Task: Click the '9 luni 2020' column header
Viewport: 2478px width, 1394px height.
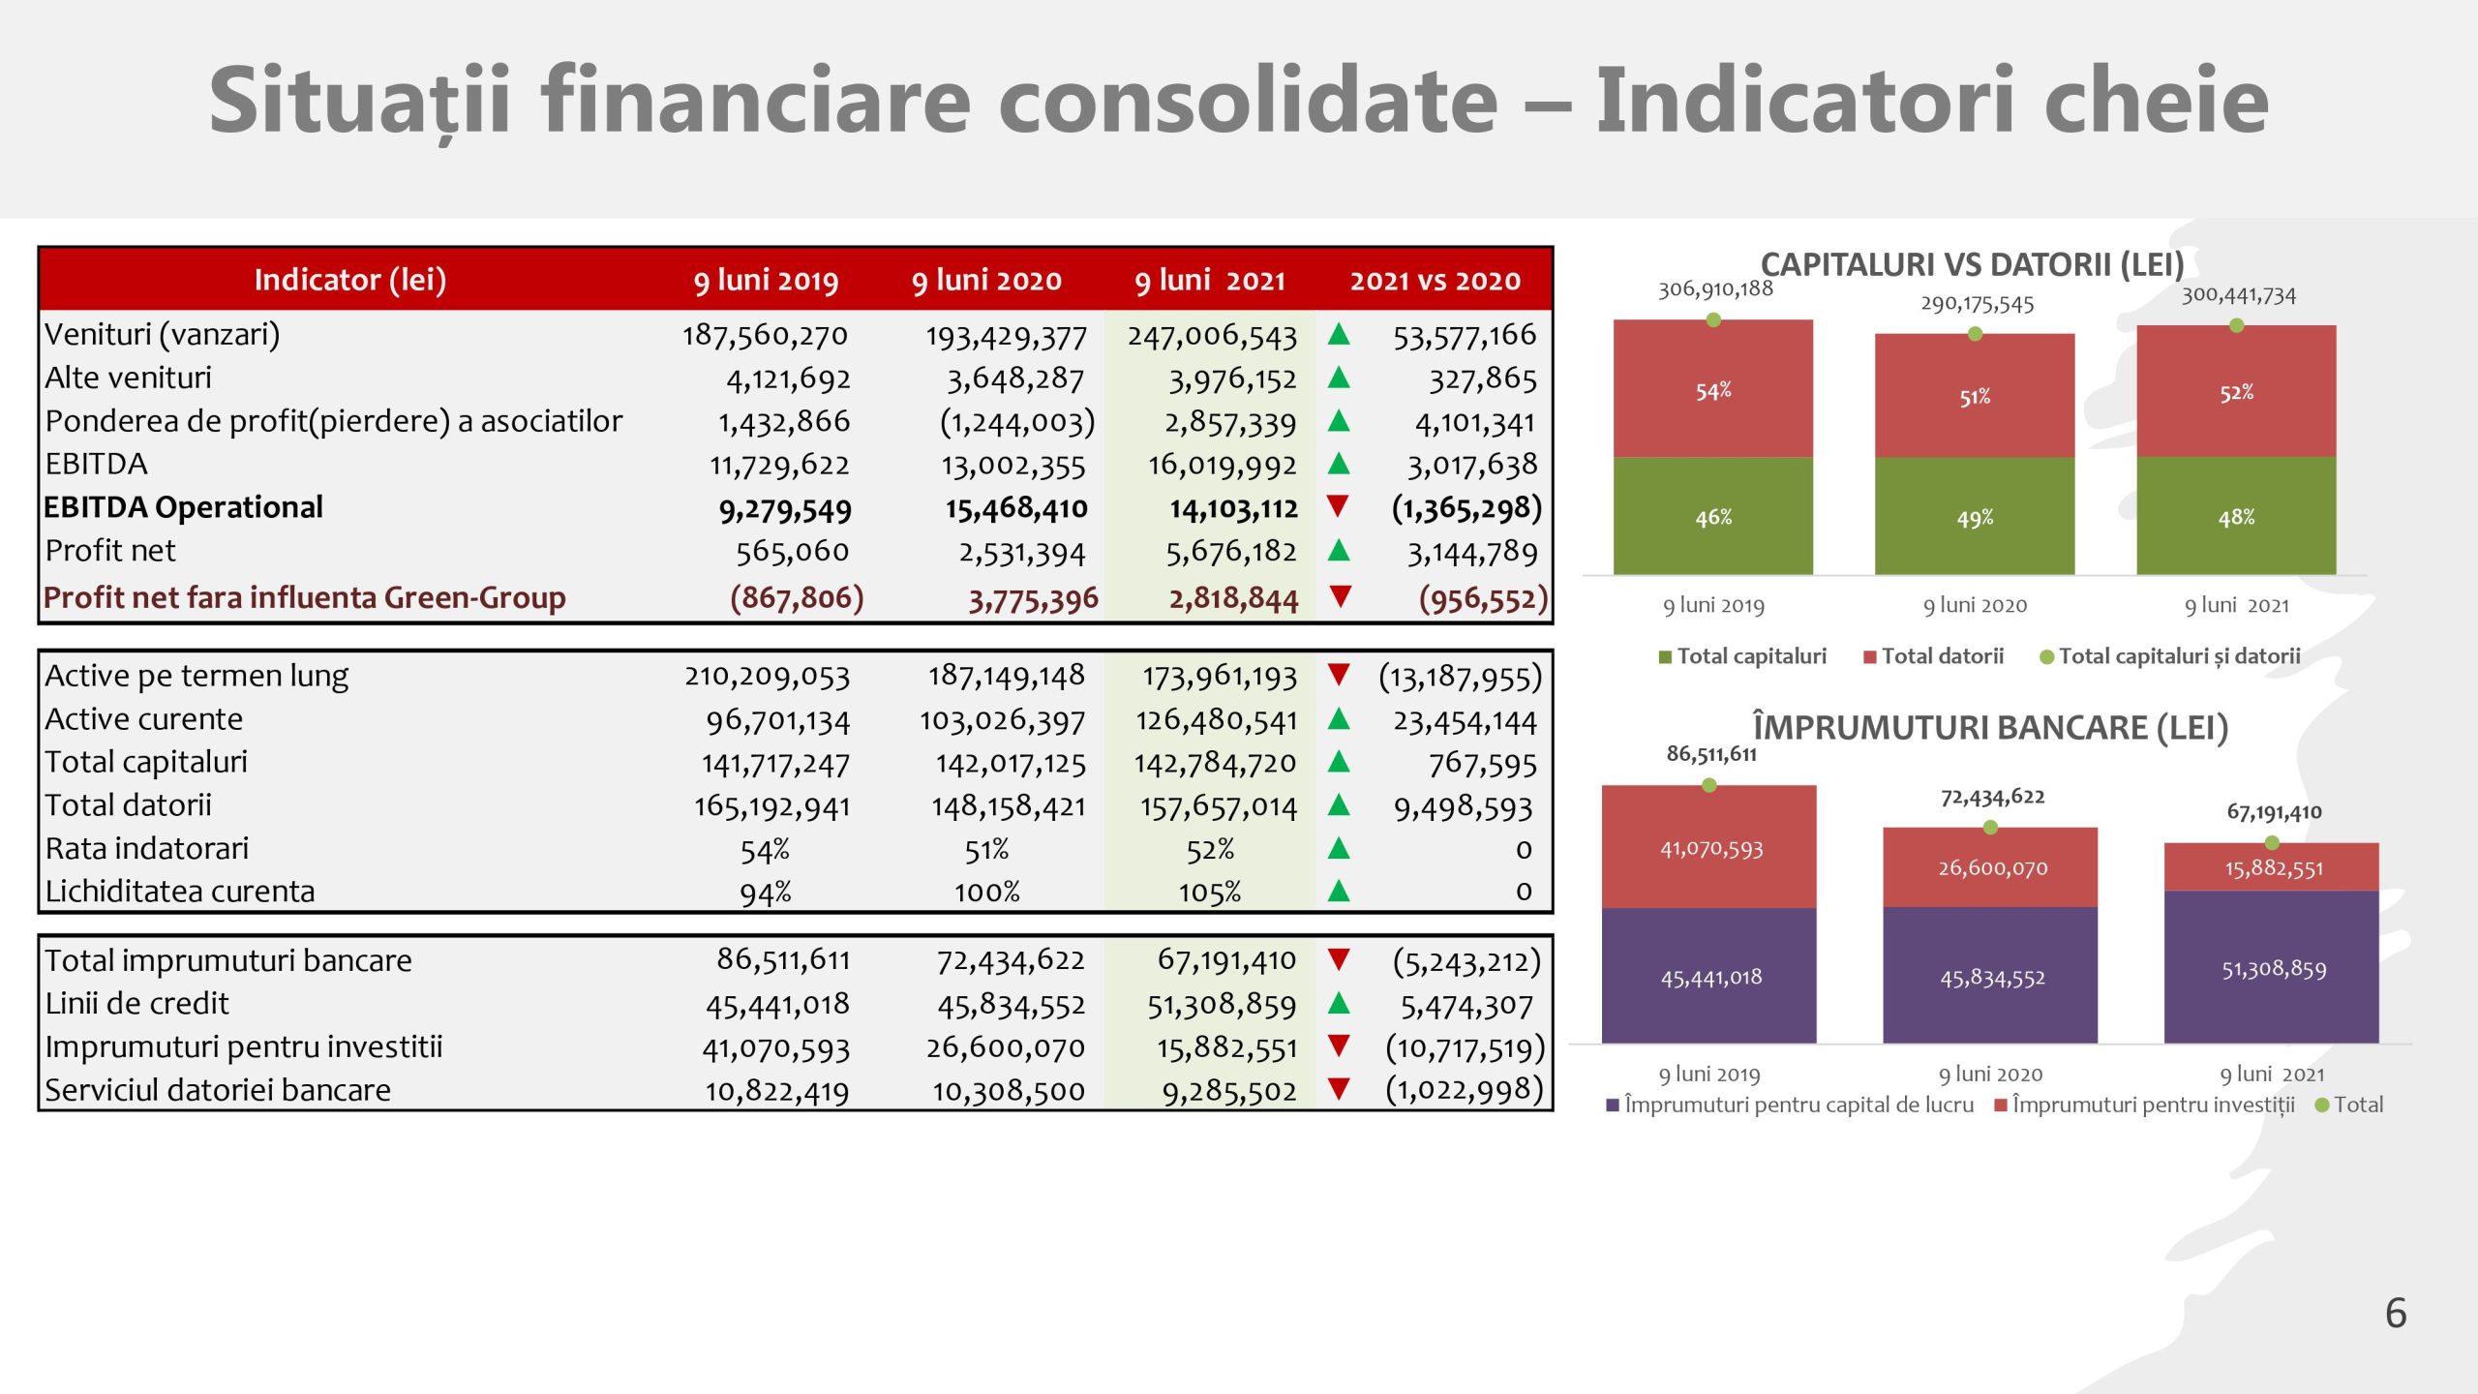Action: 986,281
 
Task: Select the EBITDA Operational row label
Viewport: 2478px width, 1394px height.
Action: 183,507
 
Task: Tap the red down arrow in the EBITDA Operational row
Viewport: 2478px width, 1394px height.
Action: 1339,505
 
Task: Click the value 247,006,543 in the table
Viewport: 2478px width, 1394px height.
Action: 1211,336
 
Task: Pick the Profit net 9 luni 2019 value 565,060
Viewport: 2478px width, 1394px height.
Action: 792,552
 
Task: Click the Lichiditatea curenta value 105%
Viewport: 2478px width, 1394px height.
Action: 1210,893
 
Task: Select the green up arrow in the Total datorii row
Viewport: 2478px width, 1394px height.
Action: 1339,804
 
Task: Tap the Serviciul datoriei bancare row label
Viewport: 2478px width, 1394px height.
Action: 218,1090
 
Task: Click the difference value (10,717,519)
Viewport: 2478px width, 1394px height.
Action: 1465,1047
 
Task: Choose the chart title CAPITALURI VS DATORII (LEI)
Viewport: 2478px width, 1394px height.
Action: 1972,264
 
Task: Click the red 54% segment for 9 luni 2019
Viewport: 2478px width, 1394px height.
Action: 1712,390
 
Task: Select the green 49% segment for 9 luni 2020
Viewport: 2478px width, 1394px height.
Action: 1975,518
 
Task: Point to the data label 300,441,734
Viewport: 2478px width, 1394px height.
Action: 2238,295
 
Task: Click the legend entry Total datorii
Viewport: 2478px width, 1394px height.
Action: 1941,656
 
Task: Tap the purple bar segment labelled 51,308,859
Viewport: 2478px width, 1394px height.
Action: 2272,968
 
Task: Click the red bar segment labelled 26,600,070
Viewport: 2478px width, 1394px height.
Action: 1992,867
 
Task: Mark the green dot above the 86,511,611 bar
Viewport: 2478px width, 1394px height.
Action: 1709,785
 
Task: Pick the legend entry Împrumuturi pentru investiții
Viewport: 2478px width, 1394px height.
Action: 2152,1105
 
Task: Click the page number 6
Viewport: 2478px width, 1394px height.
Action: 2395,1314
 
